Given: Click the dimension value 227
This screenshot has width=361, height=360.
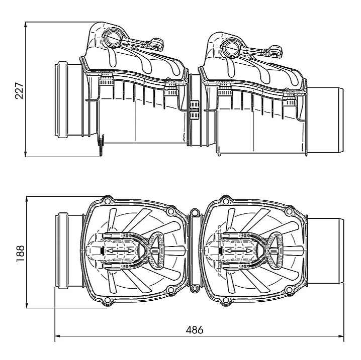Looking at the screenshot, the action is [x=19, y=90].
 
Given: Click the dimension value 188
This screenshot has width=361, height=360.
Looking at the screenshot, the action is [x=20, y=254].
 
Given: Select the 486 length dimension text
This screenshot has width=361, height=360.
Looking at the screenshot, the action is [x=195, y=330].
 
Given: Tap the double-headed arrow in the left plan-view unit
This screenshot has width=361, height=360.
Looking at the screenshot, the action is [x=120, y=251].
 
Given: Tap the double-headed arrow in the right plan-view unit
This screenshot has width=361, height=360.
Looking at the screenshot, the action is [x=239, y=251].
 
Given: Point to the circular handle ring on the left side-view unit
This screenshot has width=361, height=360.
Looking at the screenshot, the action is [x=112, y=38].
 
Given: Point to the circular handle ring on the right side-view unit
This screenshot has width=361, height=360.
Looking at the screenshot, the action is [x=231, y=48].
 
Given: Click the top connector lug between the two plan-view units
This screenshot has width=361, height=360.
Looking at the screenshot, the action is [x=195, y=212].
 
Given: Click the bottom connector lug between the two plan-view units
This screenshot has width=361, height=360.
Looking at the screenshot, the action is [x=195, y=288].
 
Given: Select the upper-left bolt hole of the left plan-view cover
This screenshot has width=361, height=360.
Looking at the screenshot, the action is [x=107, y=201].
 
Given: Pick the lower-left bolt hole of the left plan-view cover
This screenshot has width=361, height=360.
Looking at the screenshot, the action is [x=107, y=300].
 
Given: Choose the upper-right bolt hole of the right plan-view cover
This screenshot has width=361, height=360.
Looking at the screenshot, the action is [x=289, y=211].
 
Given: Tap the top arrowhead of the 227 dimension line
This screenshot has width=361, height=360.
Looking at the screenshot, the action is [x=26, y=25].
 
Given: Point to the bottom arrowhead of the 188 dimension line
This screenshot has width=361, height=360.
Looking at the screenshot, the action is [x=27, y=305].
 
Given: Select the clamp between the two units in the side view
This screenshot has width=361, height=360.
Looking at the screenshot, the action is [x=194, y=110].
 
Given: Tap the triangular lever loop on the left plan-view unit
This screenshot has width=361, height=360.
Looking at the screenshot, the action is [x=157, y=251].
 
